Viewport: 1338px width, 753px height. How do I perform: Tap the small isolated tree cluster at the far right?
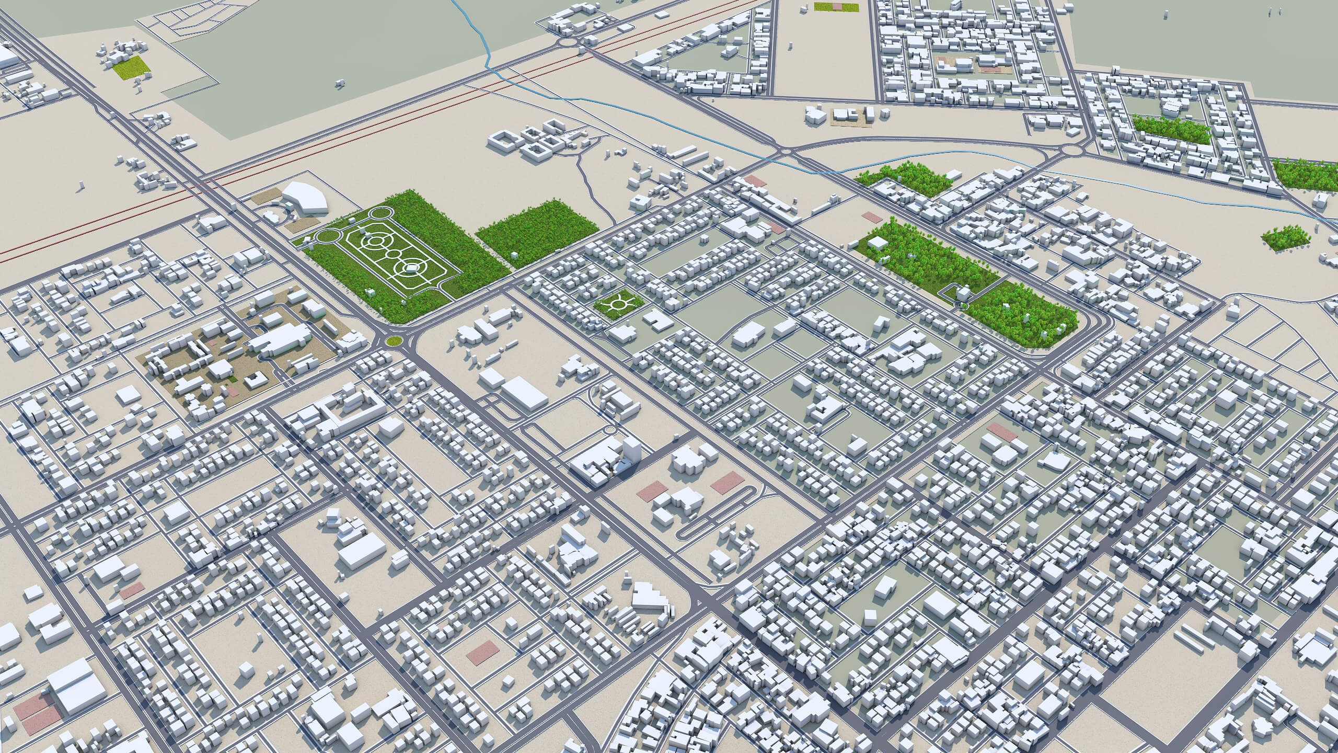click(x=1285, y=238)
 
